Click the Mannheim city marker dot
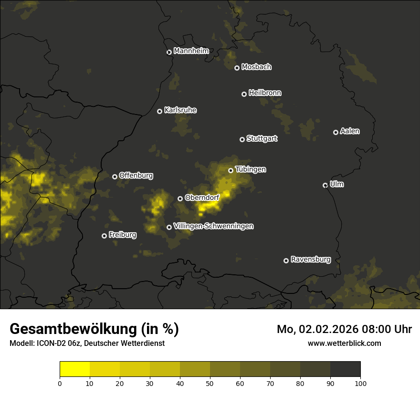(x=169, y=52)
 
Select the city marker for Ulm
(x=325, y=185)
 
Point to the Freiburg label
(x=123, y=235)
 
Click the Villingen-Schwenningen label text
(x=214, y=226)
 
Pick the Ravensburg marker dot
(x=286, y=261)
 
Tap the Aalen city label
(x=350, y=131)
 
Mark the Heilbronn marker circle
(x=244, y=94)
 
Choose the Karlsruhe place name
(x=180, y=110)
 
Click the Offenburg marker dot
(x=115, y=177)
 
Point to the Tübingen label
(x=251, y=169)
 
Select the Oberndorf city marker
(x=180, y=198)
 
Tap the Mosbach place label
(x=256, y=67)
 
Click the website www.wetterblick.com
(x=345, y=343)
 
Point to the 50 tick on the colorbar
(x=210, y=383)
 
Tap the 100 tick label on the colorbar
(x=360, y=383)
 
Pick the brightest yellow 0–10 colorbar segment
(x=75, y=369)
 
